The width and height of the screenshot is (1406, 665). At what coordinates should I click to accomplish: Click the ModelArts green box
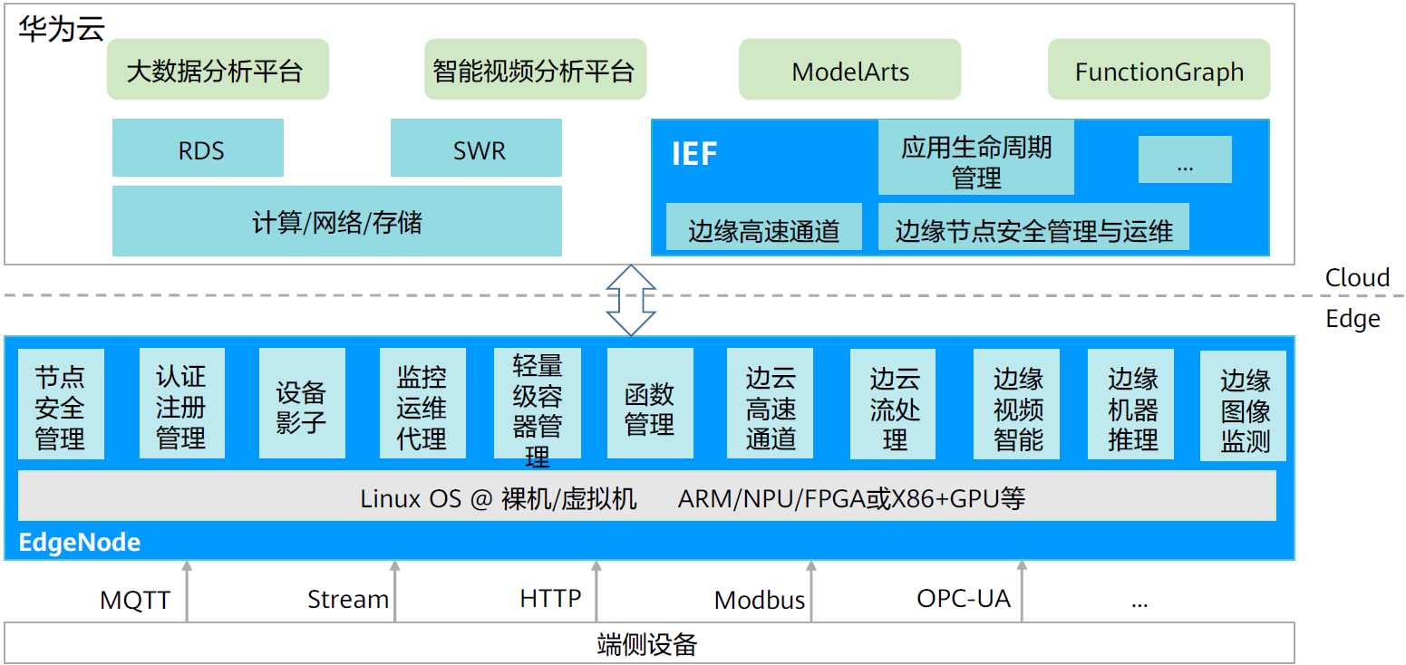pos(849,70)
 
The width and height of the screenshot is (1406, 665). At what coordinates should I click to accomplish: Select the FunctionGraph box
pos(1159,70)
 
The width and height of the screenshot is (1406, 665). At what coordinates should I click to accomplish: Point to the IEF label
pos(694,154)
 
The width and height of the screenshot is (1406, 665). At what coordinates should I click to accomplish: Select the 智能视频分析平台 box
pos(535,70)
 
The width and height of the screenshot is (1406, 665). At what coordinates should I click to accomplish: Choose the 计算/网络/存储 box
pos(336,221)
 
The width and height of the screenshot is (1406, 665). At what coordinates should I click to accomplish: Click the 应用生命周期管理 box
pos(975,159)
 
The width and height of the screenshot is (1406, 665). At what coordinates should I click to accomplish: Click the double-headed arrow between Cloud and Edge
pos(630,300)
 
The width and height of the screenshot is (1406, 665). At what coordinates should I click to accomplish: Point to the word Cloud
pos(1356,277)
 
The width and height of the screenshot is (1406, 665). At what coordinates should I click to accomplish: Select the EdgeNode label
pos(80,543)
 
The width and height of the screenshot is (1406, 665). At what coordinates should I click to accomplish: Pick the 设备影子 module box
pos(301,404)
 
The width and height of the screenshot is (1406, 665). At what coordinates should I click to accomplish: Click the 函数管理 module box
pos(649,406)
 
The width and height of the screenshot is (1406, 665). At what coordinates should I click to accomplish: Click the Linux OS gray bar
pos(646,496)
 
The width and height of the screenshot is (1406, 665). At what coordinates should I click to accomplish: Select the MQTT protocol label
pos(134,600)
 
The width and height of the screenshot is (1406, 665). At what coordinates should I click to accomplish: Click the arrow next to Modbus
pos(811,591)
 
